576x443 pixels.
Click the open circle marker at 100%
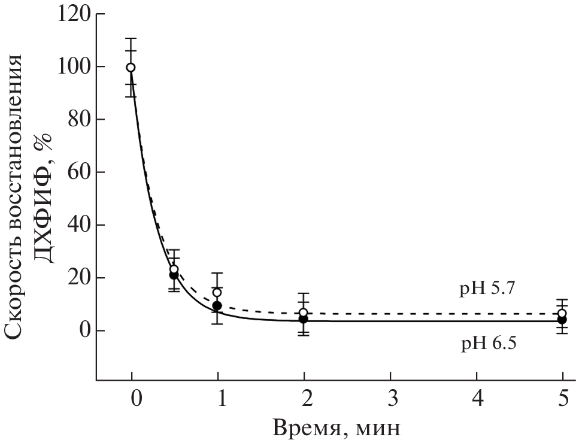click(x=131, y=67)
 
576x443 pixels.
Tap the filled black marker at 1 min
click(x=217, y=306)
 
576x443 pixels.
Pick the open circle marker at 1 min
click(x=217, y=292)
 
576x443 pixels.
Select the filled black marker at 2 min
click(x=304, y=319)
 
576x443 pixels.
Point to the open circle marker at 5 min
click(x=562, y=313)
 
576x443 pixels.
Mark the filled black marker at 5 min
click(x=562, y=320)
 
